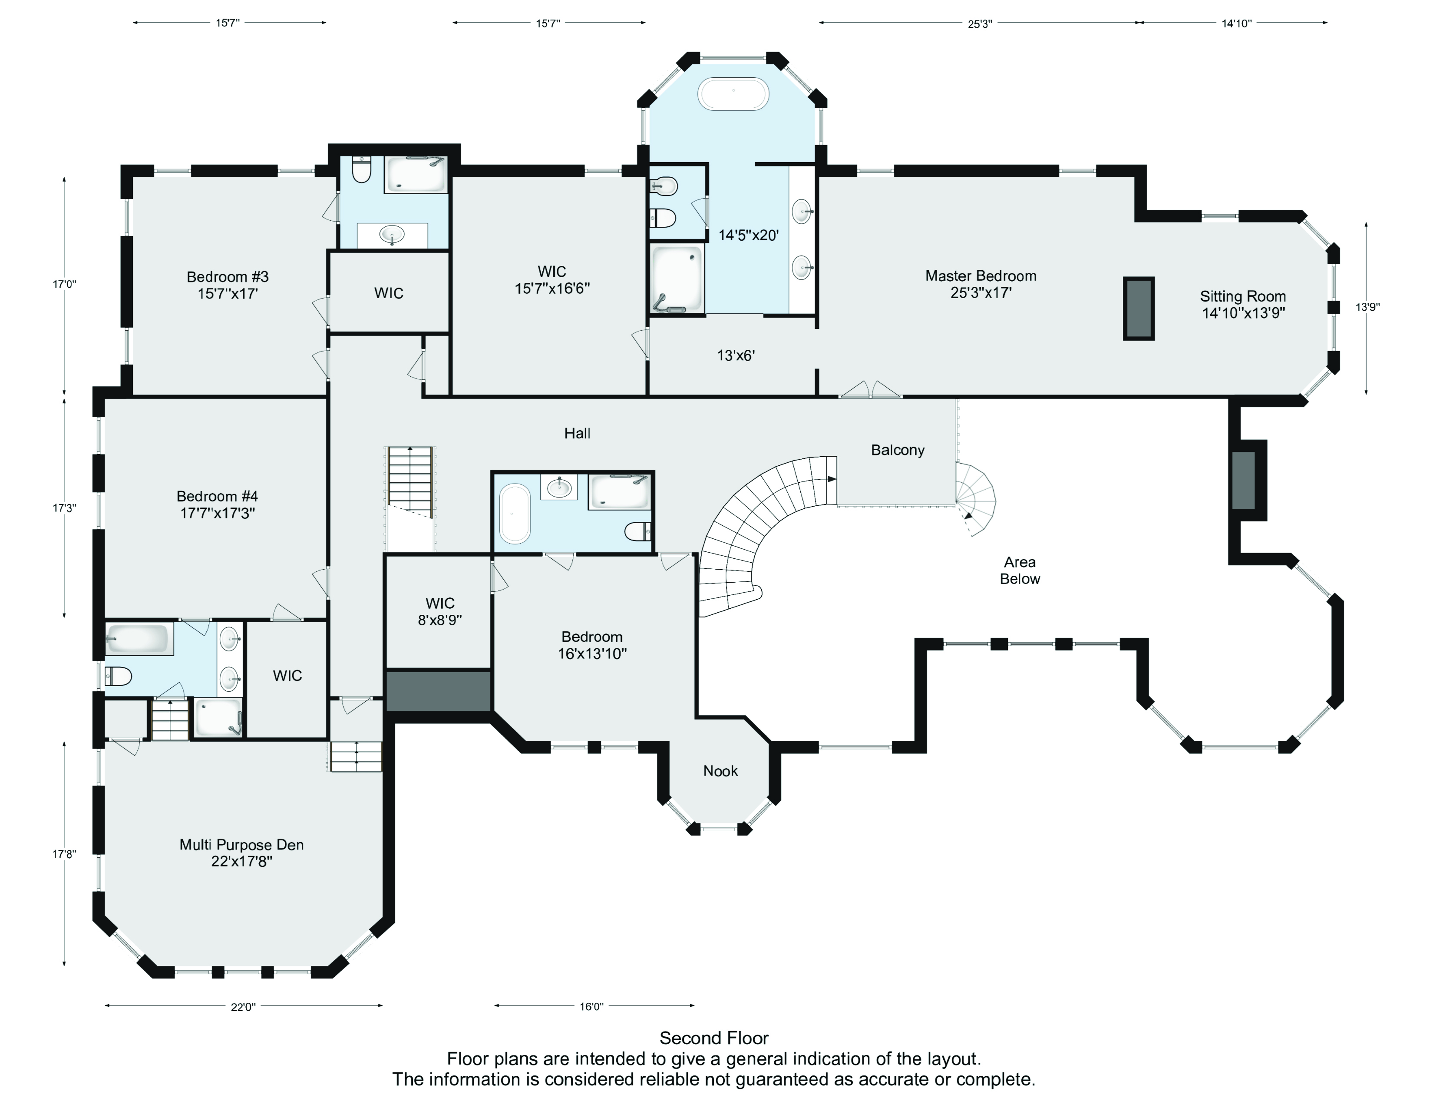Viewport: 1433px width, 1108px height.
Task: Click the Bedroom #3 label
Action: coord(228,285)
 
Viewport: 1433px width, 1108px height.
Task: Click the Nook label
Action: coord(720,771)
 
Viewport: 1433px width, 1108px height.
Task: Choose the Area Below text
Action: coord(1020,571)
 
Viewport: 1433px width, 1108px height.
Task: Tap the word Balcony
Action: coord(898,450)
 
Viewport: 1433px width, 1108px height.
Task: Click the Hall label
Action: coord(578,433)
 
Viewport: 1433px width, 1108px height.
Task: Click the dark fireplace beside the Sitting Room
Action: coord(1139,309)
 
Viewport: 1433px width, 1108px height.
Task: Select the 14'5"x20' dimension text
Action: coord(748,235)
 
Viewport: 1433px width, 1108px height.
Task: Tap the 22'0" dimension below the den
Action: coord(243,1007)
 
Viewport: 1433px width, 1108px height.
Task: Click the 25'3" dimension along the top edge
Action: coord(980,23)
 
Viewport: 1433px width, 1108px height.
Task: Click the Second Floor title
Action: coord(714,1038)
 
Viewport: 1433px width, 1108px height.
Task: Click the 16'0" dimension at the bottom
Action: coord(591,1006)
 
